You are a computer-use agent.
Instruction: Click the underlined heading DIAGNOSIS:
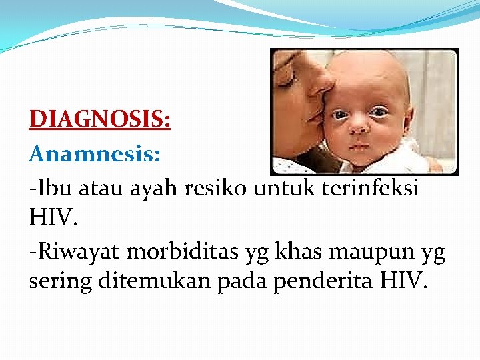tap(100, 120)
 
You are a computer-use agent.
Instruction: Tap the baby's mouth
tap(359, 145)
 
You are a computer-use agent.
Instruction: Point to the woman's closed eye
tap(285, 81)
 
